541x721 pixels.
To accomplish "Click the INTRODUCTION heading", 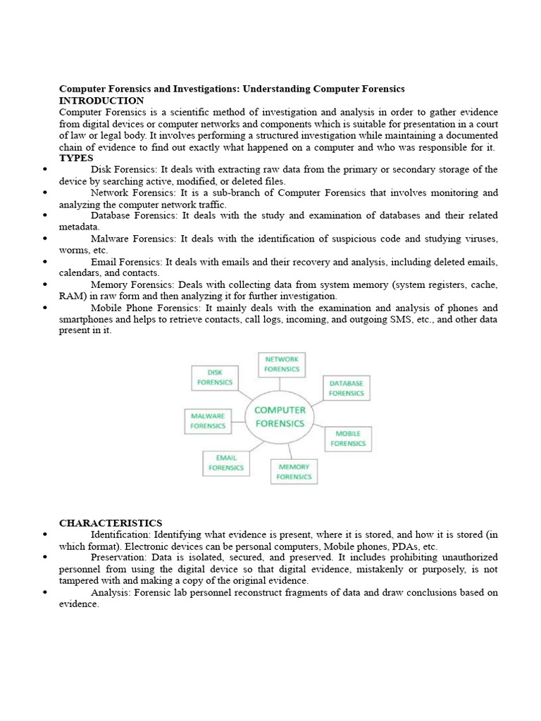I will pyautogui.click(x=101, y=101).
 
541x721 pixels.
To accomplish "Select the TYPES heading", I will pyautogui.click(x=76, y=158).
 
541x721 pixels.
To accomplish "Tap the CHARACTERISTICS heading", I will pyautogui.click(x=111, y=522).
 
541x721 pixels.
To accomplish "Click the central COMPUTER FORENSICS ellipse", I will pyautogui.click(x=280, y=416).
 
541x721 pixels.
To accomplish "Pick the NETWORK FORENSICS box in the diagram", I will pyautogui.click(x=281, y=364).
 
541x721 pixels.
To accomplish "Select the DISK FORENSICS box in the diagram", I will pyautogui.click(x=215, y=377).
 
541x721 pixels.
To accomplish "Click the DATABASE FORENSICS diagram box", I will pyautogui.click(x=346, y=388).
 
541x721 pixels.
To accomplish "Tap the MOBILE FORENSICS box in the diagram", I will pyautogui.click(x=348, y=439).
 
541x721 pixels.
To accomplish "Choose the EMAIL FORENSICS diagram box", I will pyautogui.click(x=225, y=463).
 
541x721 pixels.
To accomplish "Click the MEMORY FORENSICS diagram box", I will pyautogui.click(x=294, y=472).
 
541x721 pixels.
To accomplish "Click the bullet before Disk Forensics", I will pyautogui.click(x=44, y=170).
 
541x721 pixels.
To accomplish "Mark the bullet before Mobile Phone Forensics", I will pyautogui.click(x=44, y=308).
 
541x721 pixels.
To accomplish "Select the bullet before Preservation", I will pyautogui.click(x=44, y=557).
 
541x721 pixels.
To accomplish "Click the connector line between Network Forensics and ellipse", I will pyautogui.click(x=280, y=384).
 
